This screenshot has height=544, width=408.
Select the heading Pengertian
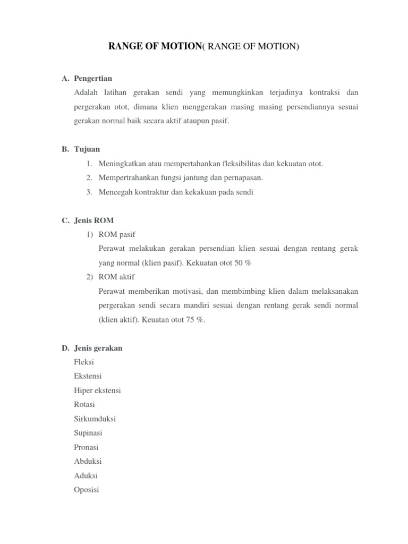tap(93, 79)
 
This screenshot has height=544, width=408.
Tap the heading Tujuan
tap(87, 149)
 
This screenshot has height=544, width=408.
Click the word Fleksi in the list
tap(84, 362)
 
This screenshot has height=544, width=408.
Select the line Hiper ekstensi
tap(98, 390)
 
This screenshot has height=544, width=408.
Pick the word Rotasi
tap(85, 405)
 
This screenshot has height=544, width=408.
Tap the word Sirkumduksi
tap(95, 419)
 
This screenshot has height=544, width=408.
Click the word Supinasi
tap(88, 433)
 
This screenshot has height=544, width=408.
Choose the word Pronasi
tap(87, 447)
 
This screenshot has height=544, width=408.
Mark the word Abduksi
tap(88, 461)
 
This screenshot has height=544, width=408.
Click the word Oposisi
tap(87, 490)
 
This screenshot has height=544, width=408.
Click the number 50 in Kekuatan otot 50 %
tap(239, 263)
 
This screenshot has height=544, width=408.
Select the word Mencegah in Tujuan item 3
tap(114, 192)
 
